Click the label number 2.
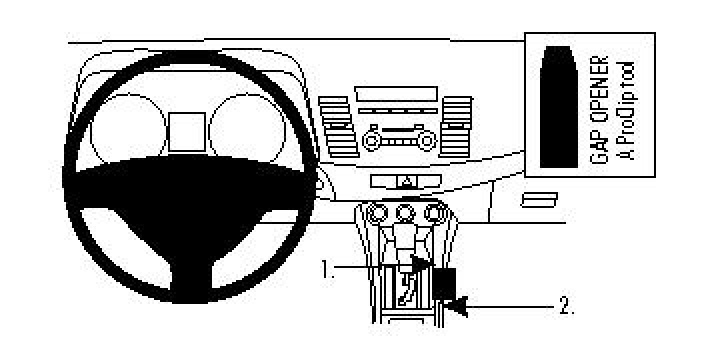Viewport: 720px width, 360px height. point(566,305)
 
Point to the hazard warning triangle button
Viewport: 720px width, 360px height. point(408,182)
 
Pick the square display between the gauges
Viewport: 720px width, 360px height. point(186,131)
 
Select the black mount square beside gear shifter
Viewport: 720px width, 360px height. point(445,284)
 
